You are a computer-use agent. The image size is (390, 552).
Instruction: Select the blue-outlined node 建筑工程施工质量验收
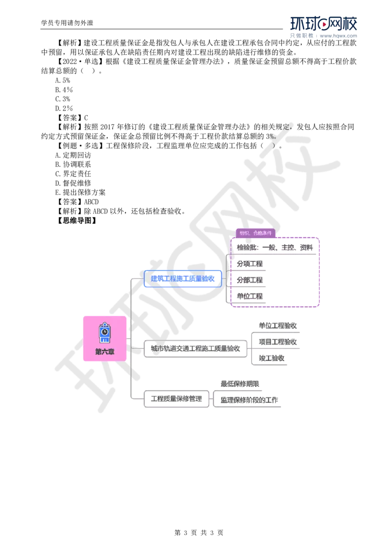(x=183, y=278)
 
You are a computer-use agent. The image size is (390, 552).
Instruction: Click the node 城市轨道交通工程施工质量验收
(x=195, y=349)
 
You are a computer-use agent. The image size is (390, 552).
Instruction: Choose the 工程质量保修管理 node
(x=176, y=399)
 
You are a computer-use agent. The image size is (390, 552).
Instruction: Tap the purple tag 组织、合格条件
(x=255, y=233)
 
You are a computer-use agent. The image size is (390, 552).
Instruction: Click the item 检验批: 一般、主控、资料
(x=274, y=247)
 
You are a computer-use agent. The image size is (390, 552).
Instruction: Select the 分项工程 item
(x=250, y=264)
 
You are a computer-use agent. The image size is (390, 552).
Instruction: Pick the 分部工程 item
(x=250, y=280)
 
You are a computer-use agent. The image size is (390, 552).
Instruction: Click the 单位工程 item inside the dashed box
(x=250, y=296)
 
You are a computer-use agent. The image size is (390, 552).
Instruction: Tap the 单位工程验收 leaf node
(x=278, y=325)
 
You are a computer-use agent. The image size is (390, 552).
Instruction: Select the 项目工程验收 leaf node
(x=278, y=342)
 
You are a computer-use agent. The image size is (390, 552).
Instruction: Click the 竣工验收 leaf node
(x=271, y=358)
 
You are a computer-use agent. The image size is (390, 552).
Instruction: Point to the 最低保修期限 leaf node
(x=240, y=384)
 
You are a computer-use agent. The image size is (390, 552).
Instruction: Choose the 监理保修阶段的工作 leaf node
(x=249, y=400)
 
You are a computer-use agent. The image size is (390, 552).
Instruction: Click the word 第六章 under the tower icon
(x=104, y=352)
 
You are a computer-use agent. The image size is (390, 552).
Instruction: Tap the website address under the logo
(x=339, y=36)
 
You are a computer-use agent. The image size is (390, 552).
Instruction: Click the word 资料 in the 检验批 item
(x=306, y=247)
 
